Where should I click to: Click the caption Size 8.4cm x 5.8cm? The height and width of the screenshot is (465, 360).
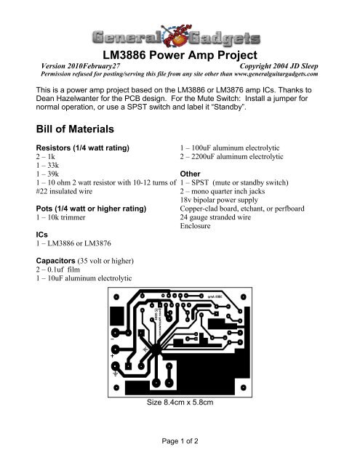coord(180,401)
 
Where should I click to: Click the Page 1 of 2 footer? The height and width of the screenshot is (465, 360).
coord(180,440)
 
